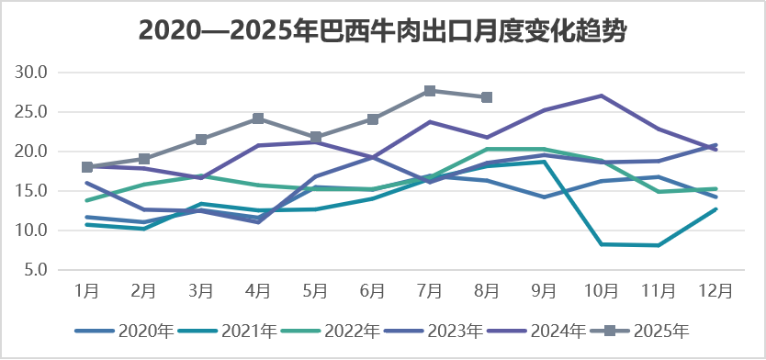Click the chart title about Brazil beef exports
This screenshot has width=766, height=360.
click(383, 30)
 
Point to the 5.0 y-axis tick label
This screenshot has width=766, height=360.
click(43, 270)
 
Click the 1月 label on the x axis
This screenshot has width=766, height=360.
click(87, 291)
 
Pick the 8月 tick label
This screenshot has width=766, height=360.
click(487, 291)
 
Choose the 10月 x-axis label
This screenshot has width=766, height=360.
click(601, 291)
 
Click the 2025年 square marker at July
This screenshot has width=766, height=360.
click(430, 91)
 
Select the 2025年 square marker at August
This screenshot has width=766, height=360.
click(487, 97)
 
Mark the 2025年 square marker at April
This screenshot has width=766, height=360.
click(258, 118)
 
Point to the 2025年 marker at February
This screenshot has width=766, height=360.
click(144, 159)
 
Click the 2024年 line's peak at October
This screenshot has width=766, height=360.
click(601, 96)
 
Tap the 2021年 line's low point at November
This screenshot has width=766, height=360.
click(659, 245)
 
